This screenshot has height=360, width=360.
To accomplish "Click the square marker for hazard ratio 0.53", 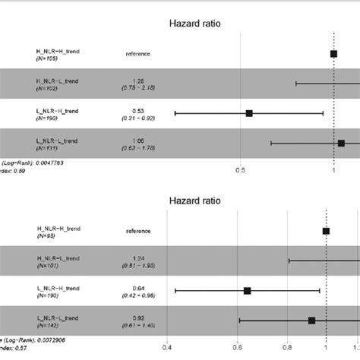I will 249,113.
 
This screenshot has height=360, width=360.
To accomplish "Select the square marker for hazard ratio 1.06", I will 341,143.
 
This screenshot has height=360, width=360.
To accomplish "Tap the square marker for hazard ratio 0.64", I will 247,291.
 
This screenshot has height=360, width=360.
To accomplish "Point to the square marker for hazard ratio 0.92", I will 311,321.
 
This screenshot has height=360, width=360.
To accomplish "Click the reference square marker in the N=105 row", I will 333,54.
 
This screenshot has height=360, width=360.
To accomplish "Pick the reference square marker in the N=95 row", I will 326,231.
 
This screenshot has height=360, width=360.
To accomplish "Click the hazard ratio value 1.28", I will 137,81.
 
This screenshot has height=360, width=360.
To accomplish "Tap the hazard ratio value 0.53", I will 137,110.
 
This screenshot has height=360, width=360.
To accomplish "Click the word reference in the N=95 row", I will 137,231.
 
